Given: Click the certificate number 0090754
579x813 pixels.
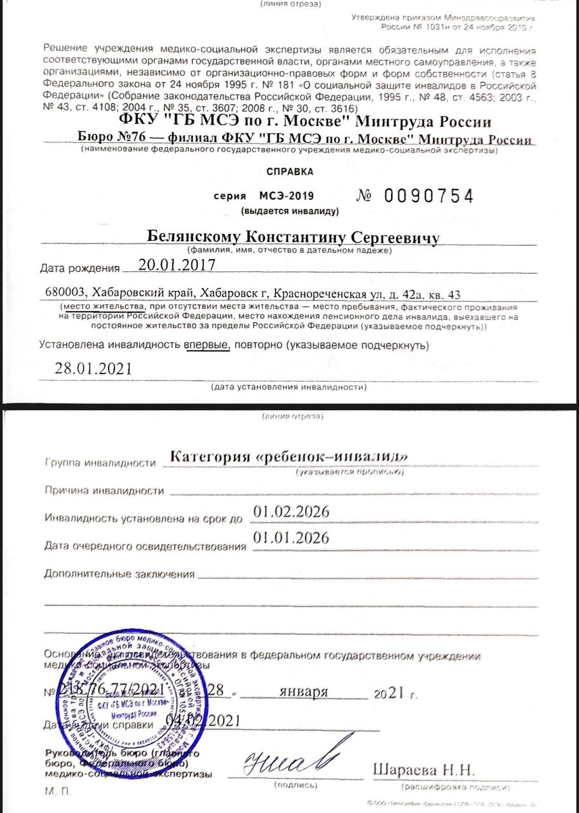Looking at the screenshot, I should tap(429, 196).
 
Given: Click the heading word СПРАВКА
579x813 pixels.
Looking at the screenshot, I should tap(289, 171).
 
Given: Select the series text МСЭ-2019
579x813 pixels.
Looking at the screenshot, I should tap(286, 196).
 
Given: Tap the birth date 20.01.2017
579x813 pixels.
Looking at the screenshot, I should tap(176, 265).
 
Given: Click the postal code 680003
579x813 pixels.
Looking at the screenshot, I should tap(66, 293).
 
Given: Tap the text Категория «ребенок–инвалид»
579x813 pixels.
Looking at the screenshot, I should tap(289, 457).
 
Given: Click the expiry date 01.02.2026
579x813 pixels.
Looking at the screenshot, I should tap(291, 512).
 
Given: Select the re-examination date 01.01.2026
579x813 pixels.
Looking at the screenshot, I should tap(291, 538).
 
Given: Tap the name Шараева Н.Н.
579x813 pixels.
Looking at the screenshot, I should tap(423, 770).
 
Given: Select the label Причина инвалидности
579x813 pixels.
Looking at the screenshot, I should tap(105, 491).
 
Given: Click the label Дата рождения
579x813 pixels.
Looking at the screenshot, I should tap(79, 267).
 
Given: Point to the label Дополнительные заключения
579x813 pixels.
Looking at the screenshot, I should tap(119, 574).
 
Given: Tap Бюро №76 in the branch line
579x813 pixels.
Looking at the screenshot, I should tap(109, 137).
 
